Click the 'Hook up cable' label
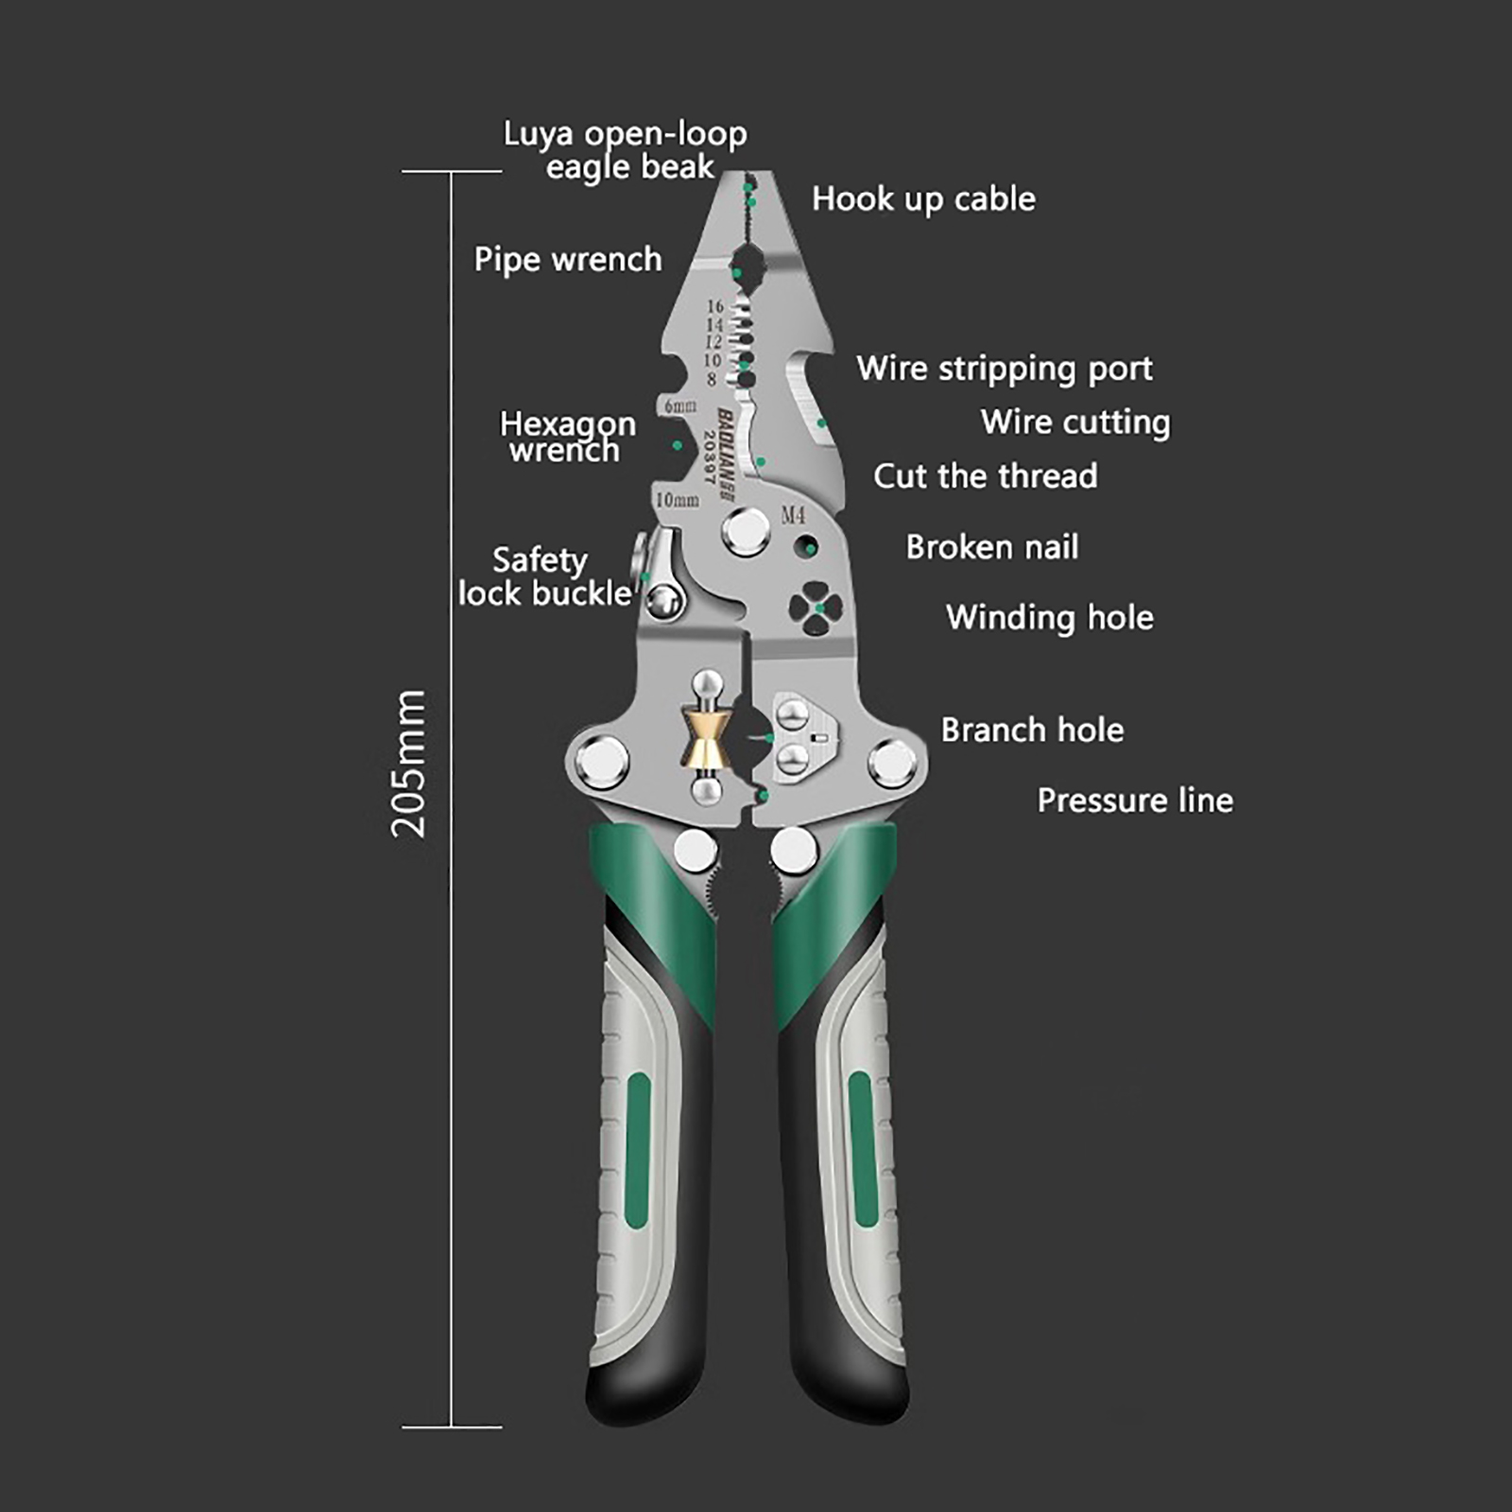tap(923, 199)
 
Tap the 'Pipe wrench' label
tap(568, 260)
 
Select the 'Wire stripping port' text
tap(1005, 369)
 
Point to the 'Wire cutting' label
tap(1075, 422)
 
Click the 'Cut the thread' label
tap(986, 476)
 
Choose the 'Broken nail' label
tap(992, 547)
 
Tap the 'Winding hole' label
tap(1050, 618)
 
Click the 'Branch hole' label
tap(1032, 730)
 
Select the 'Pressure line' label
tap(1135, 801)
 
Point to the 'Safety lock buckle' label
tap(543, 577)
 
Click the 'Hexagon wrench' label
tap(567, 437)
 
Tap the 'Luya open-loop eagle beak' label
tap(626, 150)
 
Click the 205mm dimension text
tap(409, 764)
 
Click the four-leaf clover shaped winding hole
tap(816, 609)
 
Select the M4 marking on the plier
tap(793, 515)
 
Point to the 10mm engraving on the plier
tap(678, 499)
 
